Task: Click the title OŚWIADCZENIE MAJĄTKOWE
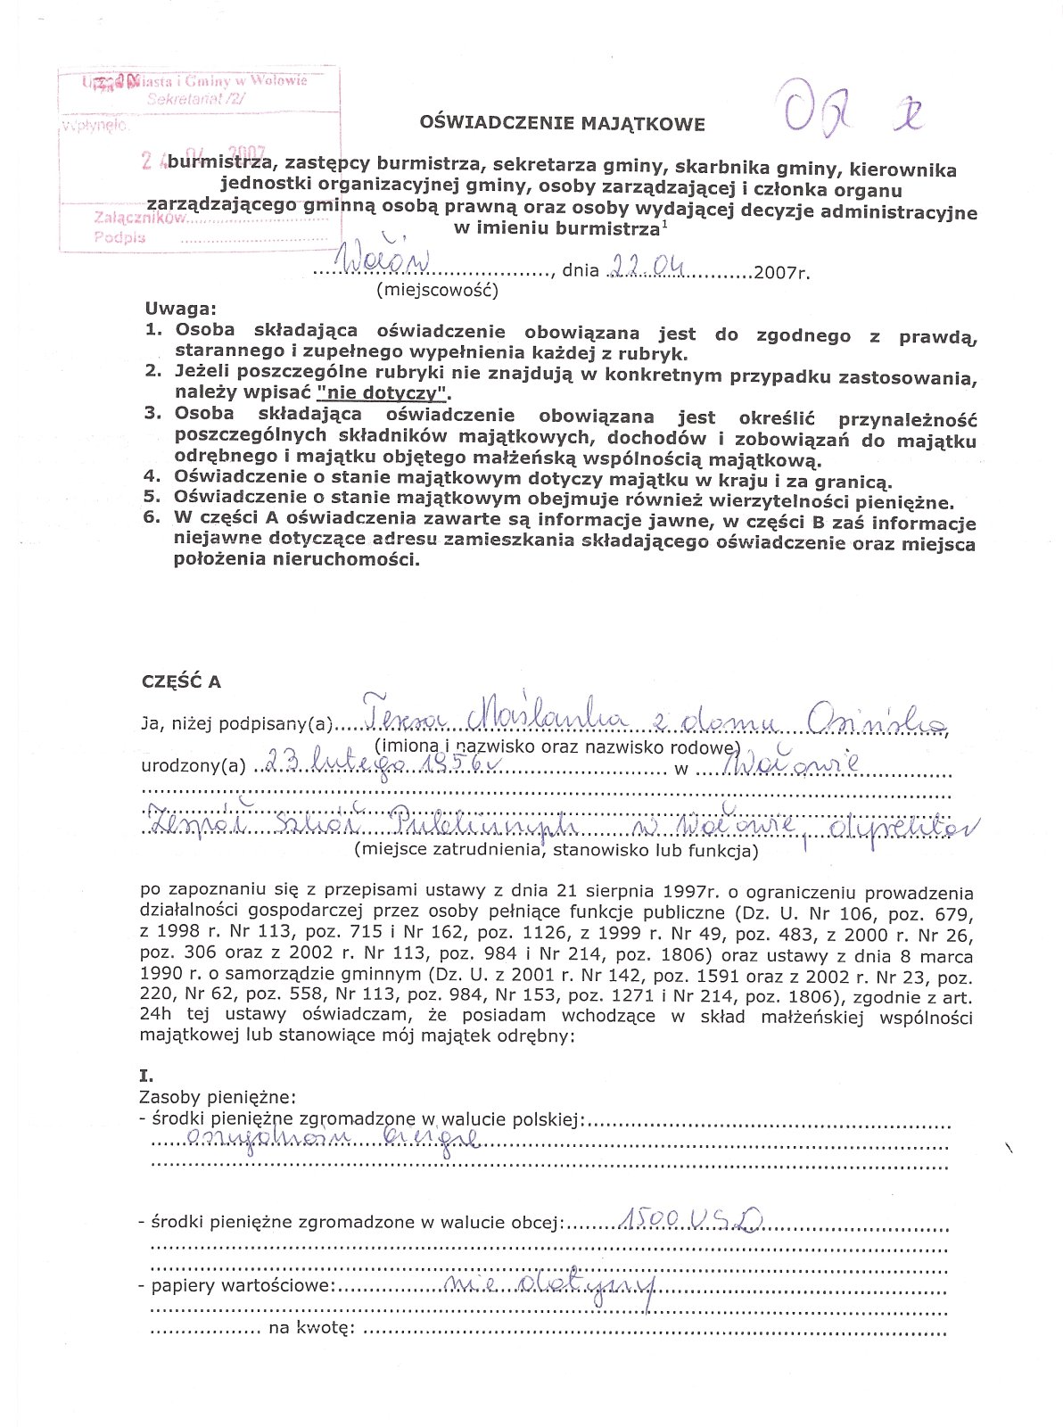562,124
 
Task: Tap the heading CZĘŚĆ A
181,682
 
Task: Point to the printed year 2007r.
781,272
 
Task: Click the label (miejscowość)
437,290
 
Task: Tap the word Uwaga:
181,309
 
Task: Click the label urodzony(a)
193,766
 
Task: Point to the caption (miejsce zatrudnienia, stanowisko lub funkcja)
556,850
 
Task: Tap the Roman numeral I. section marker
146,1076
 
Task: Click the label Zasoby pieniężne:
218,1097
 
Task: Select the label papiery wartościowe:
243,1286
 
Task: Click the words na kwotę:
312,1330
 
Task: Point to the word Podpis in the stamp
119,237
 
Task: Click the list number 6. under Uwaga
152,517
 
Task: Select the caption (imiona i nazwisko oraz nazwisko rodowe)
557,746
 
